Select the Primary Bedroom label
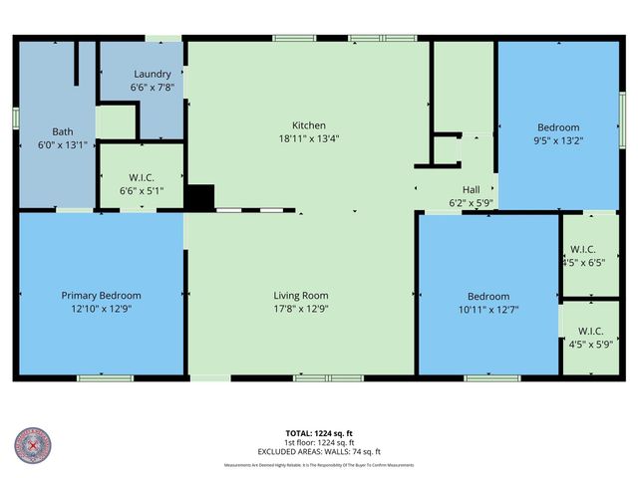101,296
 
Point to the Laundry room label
152,74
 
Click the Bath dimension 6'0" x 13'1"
63,144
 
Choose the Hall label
472,189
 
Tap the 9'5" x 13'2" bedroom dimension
558,140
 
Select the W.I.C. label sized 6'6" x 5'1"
142,178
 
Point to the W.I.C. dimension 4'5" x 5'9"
584,346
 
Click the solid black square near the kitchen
200,197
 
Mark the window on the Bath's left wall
15,116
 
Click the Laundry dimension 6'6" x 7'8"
152,87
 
